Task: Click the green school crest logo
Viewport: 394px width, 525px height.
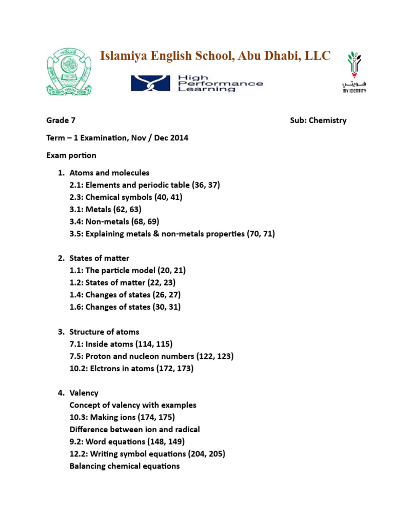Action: (70, 72)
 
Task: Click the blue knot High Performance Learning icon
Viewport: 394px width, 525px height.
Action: (151, 83)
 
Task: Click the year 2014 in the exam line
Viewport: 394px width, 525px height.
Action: (179, 138)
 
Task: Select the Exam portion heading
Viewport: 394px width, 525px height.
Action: (71, 155)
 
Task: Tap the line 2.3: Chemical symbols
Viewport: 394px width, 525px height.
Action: (126, 197)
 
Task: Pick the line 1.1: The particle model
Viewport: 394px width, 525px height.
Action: (131, 270)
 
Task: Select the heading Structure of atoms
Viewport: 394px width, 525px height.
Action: (104, 332)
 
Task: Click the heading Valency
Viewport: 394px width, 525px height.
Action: (84, 393)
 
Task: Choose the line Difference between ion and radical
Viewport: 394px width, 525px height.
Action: (134, 429)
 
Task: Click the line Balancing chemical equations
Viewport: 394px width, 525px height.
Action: (125, 466)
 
